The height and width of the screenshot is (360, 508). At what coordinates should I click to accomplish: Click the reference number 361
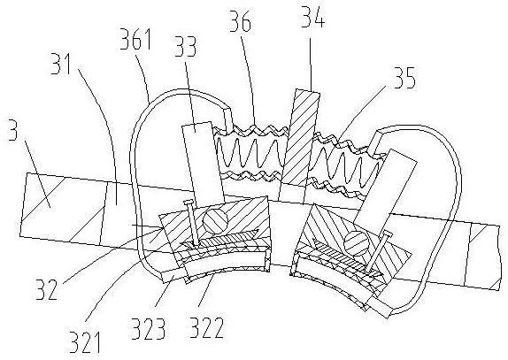(135, 40)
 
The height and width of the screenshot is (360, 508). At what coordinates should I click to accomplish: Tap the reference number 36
(241, 22)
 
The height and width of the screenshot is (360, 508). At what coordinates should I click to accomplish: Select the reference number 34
(312, 17)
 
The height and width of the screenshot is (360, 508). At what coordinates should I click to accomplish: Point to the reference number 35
(404, 78)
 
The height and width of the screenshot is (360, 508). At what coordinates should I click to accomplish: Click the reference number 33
(186, 47)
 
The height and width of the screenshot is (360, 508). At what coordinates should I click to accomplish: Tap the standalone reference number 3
(12, 130)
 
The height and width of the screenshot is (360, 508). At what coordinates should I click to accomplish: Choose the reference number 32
(47, 289)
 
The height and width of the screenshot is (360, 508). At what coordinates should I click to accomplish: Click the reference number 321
(86, 342)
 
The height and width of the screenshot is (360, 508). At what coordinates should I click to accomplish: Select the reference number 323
(149, 328)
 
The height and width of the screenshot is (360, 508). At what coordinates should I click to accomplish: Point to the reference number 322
(206, 327)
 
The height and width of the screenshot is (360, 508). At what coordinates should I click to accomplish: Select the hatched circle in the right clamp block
(356, 241)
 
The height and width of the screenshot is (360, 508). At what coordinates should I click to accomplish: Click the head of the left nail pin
(189, 203)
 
